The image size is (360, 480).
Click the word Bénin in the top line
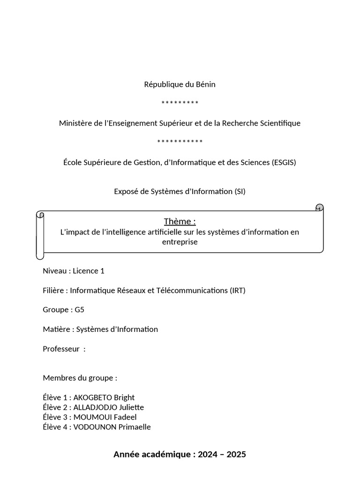pos(204,84)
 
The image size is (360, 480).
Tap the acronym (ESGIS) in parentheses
pos(284,162)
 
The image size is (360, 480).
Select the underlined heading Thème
pos(179,221)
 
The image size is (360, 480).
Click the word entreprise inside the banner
pos(180,242)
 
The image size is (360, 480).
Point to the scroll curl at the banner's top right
pos(319,207)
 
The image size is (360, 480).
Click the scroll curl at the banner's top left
pos(40,215)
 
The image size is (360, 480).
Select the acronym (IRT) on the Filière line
pos(238,290)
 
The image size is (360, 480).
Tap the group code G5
pos(79,309)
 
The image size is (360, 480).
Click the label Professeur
pos(61,349)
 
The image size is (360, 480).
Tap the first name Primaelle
pos(134,427)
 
